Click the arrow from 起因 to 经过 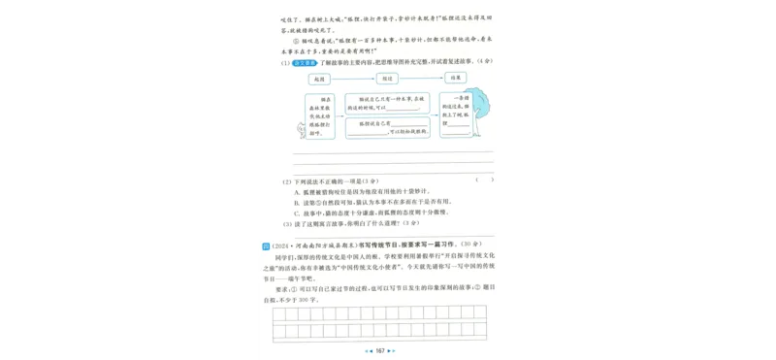point(354,77)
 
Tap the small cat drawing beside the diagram point(298,130)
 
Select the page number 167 point(380,349)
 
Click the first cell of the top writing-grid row point(279,313)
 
